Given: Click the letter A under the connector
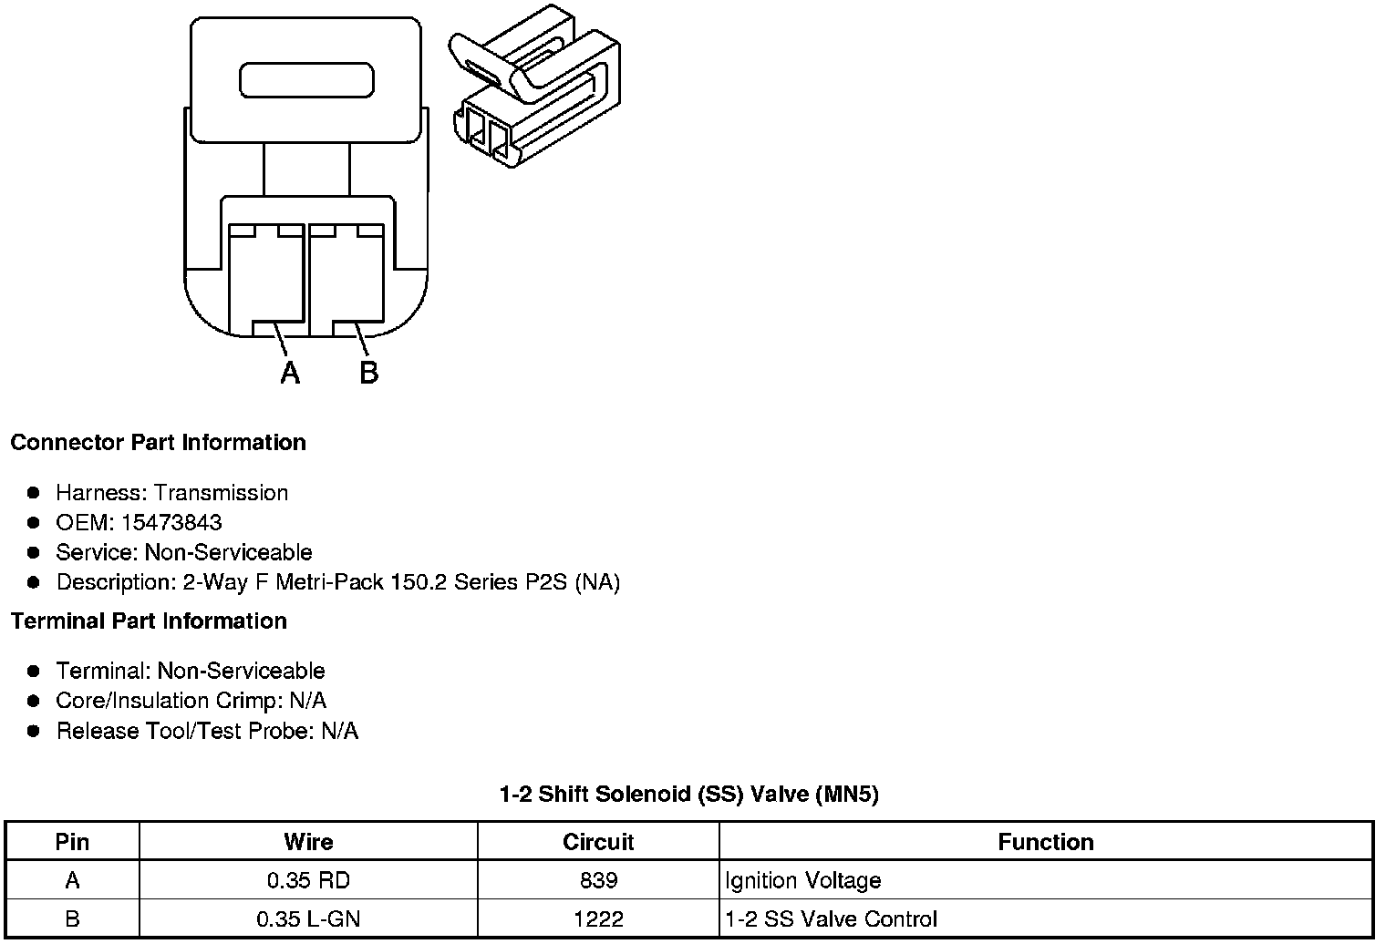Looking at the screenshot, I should tap(290, 373).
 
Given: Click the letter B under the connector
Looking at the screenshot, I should tap(368, 373).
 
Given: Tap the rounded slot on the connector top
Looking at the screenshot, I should tap(306, 80).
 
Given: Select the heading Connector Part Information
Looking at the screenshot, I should tap(158, 443).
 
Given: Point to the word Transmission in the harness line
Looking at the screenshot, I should tap(221, 493).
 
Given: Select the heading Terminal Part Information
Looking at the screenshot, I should tap(149, 621).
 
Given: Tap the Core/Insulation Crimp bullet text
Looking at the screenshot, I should tap(191, 701).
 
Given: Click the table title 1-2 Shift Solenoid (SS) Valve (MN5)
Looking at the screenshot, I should tap(688, 795).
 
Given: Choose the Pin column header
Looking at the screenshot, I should tap(72, 842).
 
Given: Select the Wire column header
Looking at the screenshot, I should tap(308, 842).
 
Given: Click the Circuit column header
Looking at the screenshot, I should tap(598, 842).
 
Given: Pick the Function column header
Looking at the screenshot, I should tap(1045, 842).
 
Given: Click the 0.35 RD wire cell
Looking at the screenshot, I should tap(308, 881).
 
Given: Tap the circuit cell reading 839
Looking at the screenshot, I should tap(598, 881).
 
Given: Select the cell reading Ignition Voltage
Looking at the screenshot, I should tap(802, 881).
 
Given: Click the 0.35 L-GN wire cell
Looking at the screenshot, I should tap(308, 919).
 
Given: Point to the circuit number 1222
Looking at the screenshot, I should tap(598, 919).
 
